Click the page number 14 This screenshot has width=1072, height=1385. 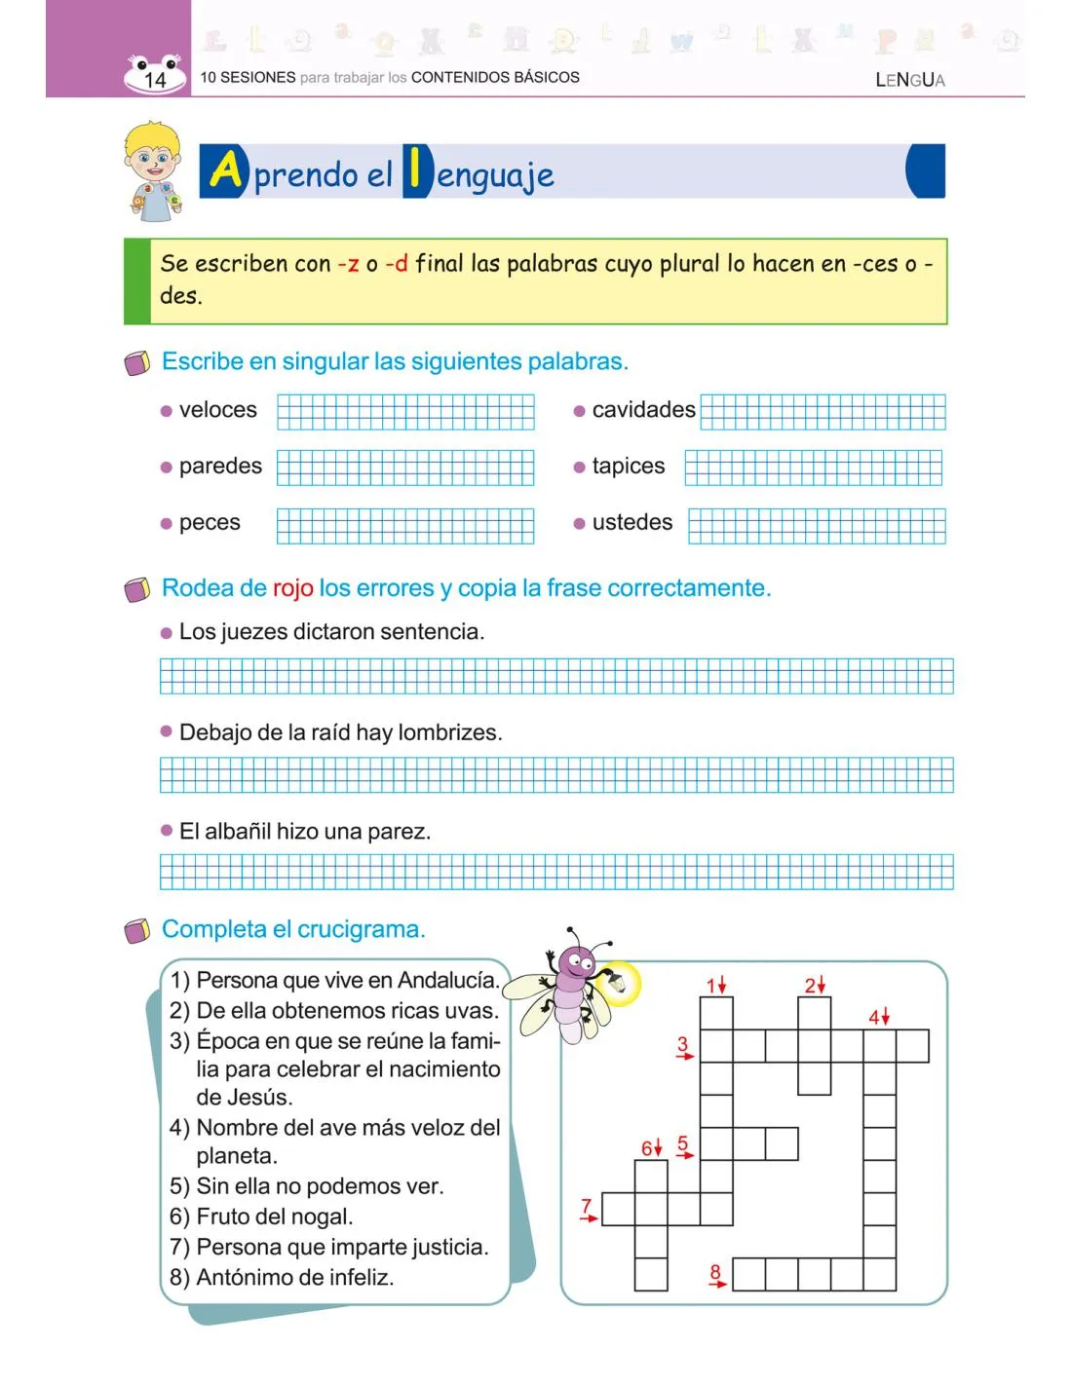155,80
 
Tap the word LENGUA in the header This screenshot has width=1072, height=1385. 909,80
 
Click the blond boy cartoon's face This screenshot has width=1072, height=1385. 153,158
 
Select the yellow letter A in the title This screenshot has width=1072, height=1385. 226,170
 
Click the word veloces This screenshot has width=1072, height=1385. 217,410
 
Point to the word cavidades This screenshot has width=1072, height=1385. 643,410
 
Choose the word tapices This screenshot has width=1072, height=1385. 628,467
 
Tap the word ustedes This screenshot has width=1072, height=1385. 632,523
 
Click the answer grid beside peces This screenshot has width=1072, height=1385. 405,526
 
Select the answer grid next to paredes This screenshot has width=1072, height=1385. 405,468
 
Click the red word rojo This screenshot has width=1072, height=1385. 292,588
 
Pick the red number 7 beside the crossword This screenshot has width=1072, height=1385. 587,1207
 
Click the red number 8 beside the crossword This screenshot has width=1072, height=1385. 715,1271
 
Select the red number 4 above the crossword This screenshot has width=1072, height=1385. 874,1017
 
